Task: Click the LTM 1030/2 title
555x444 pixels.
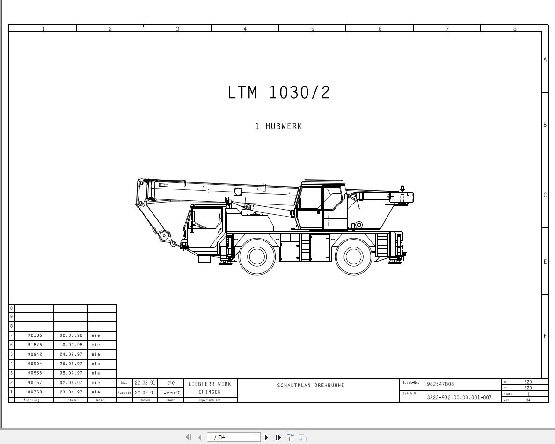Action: point(279,92)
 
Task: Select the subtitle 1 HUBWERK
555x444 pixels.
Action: point(278,126)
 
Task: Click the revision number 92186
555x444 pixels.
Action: point(35,335)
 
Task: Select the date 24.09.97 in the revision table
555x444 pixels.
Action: point(71,354)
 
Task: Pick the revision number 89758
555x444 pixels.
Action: point(35,392)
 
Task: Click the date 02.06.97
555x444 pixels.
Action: point(71,382)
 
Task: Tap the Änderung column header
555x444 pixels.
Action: point(31,400)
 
